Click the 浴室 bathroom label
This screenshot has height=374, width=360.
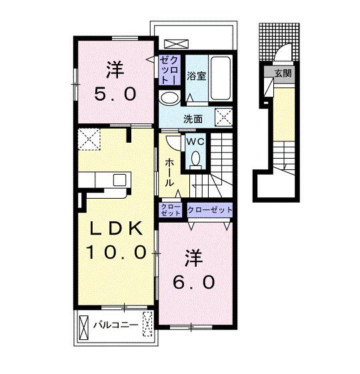[x=197, y=76]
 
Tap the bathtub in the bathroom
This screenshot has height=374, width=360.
[x=221, y=78]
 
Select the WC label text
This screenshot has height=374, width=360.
[x=195, y=142]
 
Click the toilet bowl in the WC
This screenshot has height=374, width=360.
[x=196, y=158]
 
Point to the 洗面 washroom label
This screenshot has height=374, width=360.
[x=193, y=119]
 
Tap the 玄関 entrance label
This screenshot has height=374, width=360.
[x=283, y=73]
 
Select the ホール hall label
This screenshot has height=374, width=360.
[x=169, y=172]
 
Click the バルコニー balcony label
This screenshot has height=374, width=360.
[x=115, y=325]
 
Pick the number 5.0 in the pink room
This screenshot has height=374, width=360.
[x=115, y=94]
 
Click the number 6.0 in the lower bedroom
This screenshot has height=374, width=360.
[x=194, y=282]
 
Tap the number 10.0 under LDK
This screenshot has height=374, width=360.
[x=116, y=253]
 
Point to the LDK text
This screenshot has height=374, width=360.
[x=116, y=229]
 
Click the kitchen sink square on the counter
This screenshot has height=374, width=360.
[x=119, y=180]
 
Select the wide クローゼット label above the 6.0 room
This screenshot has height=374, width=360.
[x=210, y=210]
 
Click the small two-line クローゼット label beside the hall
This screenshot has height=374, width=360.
[x=171, y=210]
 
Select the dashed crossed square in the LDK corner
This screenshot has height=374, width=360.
[x=89, y=139]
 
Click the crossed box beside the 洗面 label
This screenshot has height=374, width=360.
[x=223, y=117]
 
